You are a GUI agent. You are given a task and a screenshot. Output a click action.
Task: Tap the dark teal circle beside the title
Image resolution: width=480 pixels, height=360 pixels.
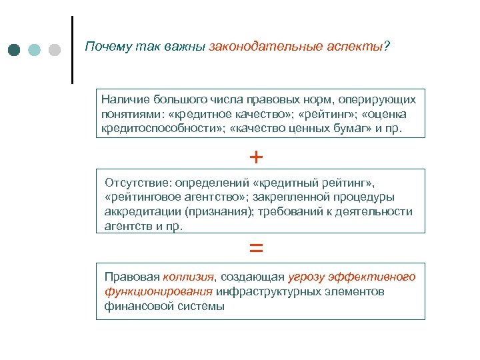tap(15, 51)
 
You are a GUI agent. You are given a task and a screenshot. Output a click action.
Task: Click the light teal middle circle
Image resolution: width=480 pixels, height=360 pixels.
tap(35, 51)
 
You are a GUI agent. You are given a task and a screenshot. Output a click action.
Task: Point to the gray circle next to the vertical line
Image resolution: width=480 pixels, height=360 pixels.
tap(55, 51)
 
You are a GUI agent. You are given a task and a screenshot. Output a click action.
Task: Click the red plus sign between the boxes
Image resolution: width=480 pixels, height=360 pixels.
tap(256, 157)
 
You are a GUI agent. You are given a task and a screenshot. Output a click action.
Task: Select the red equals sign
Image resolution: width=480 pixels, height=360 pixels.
tap(256, 248)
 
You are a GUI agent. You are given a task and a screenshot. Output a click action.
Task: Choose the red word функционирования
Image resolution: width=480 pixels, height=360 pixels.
tap(159, 292)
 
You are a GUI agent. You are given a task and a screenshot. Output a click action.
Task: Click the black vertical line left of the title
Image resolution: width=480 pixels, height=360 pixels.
tap(72, 50)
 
